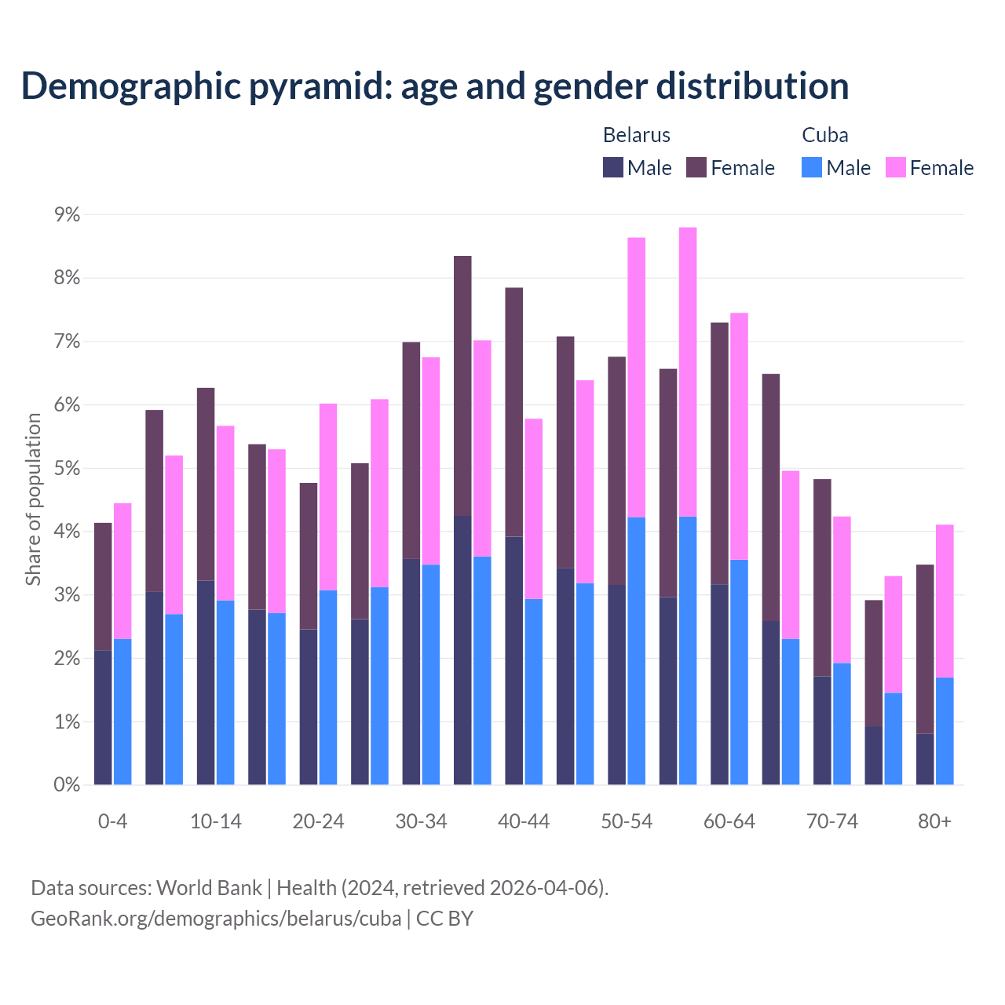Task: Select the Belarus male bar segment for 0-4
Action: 103,717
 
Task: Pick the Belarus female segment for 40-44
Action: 514,412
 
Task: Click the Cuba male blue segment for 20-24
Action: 328,687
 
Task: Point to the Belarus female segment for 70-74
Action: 822,577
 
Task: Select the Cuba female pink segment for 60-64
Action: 739,436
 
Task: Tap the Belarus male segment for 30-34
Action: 411,671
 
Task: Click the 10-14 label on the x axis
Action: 216,821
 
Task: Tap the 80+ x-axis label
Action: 934,821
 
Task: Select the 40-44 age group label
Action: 524,821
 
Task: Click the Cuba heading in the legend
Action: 824,135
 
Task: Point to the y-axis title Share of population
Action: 33,499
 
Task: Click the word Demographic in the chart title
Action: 130,86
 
